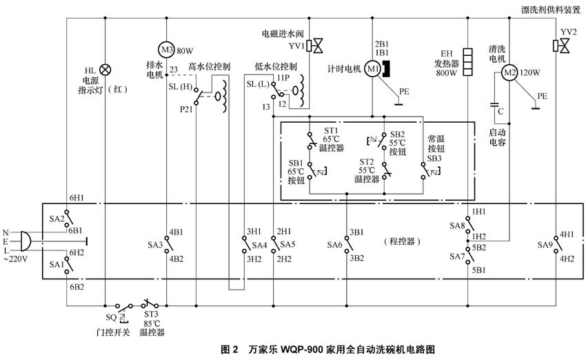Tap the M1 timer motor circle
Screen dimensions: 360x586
coord(372,68)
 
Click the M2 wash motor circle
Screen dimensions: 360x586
coord(509,70)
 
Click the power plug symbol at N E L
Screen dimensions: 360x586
coord(26,241)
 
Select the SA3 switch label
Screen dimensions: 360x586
coord(154,245)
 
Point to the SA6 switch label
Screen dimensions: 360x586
coord(334,244)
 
